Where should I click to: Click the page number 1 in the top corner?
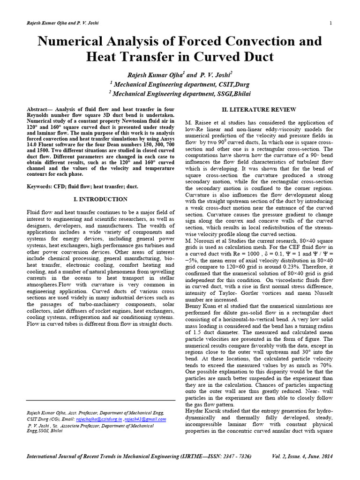[x=331, y=23]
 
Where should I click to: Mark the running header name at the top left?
[x=61, y=23]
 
